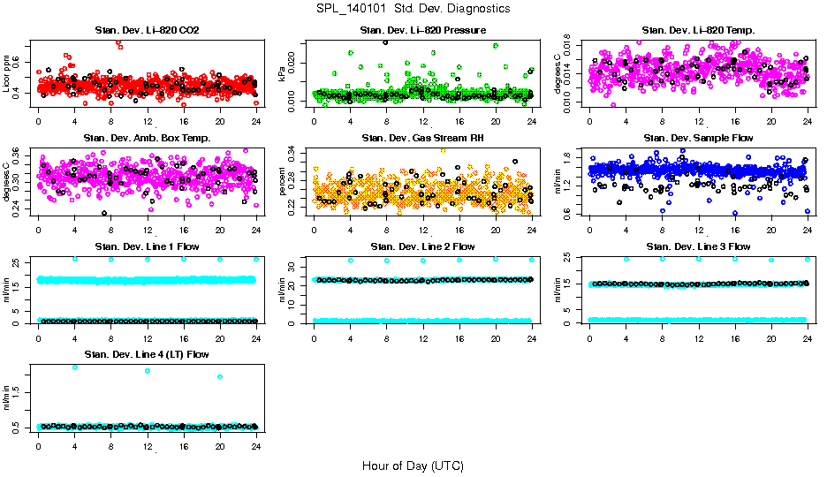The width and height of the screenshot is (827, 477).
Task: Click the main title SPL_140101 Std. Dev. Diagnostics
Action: click(x=413, y=9)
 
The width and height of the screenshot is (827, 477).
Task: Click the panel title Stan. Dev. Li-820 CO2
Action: click(x=147, y=31)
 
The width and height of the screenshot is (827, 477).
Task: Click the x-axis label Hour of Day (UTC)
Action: click(x=413, y=466)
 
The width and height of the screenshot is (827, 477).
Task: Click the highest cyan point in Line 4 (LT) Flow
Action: click(x=74, y=367)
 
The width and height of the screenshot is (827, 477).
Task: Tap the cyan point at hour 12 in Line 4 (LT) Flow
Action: click(x=147, y=371)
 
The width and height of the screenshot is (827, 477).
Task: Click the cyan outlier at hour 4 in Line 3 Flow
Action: click(x=626, y=259)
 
